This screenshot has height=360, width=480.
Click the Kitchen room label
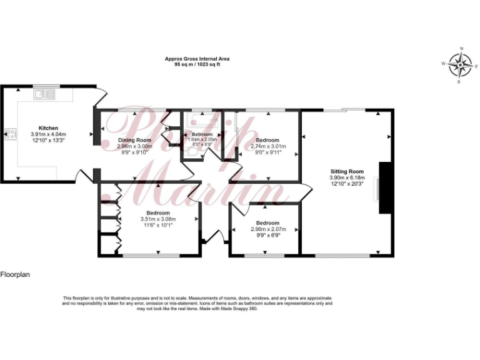48,127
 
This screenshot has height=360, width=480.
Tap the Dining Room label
135,140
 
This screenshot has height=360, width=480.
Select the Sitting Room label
346,171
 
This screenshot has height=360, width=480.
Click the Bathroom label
202,134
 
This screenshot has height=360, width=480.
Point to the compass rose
461,64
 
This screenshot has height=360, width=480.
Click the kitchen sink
42,94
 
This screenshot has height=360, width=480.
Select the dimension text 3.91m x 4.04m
48,134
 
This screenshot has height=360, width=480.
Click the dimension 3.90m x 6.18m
346,177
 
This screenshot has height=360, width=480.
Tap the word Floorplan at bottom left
16,274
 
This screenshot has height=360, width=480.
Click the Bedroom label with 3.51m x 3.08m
158,213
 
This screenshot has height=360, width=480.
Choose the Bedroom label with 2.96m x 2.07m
267,223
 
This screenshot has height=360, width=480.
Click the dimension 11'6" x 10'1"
158,225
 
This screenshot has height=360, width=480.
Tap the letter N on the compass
461,48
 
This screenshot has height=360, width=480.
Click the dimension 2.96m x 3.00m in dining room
135,146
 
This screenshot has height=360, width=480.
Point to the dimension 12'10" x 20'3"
346,184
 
